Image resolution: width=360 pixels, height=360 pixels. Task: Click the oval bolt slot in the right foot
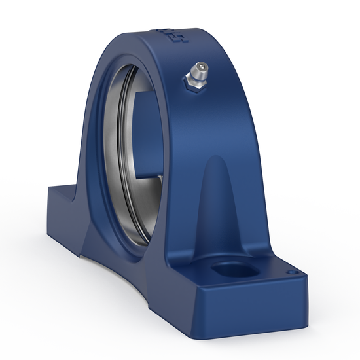click(232, 268)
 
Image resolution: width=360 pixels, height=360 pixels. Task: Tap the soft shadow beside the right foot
click(321, 308)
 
